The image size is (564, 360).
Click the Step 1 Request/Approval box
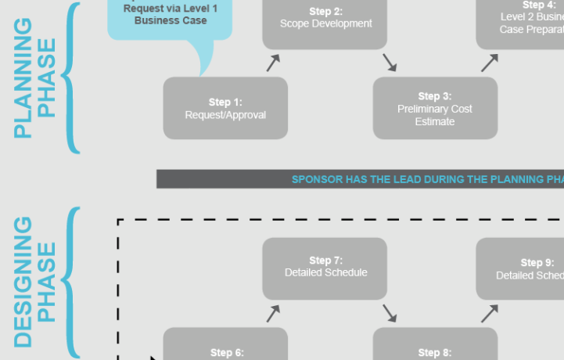pos(225,108)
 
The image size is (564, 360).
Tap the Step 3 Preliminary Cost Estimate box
pos(434,108)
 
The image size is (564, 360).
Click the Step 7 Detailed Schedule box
pos(325,268)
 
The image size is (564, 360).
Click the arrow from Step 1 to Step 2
pos(273,63)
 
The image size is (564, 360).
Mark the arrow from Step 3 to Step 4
pos(490,63)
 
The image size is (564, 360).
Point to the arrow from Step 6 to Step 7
pos(273,313)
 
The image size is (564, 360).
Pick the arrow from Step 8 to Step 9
pos(490,313)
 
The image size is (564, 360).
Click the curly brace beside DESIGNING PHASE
pos(70,282)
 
